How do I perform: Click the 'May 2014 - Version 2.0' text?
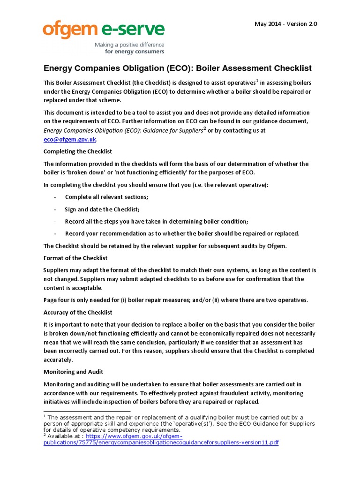tap(285, 24)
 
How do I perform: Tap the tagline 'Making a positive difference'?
tap(129, 45)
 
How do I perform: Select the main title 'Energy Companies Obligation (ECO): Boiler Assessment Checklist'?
tap(177, 68)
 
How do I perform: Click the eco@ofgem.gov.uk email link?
tap(70, 139)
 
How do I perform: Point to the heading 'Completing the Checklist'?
tap(78, 151)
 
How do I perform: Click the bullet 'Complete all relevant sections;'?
tap(106, 196)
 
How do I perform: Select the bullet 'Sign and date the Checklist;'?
tap(102, 209)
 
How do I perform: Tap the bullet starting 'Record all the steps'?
tap(157, 221)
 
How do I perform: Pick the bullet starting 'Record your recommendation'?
tap(182, 233)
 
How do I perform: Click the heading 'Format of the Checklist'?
tap(75, 258)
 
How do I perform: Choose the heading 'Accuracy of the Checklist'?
tap(78, 312)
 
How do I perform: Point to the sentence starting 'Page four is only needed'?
tap(176, 300)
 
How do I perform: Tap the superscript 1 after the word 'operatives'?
tap(257, 80)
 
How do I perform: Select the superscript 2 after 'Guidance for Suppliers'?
tap(204, 128)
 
